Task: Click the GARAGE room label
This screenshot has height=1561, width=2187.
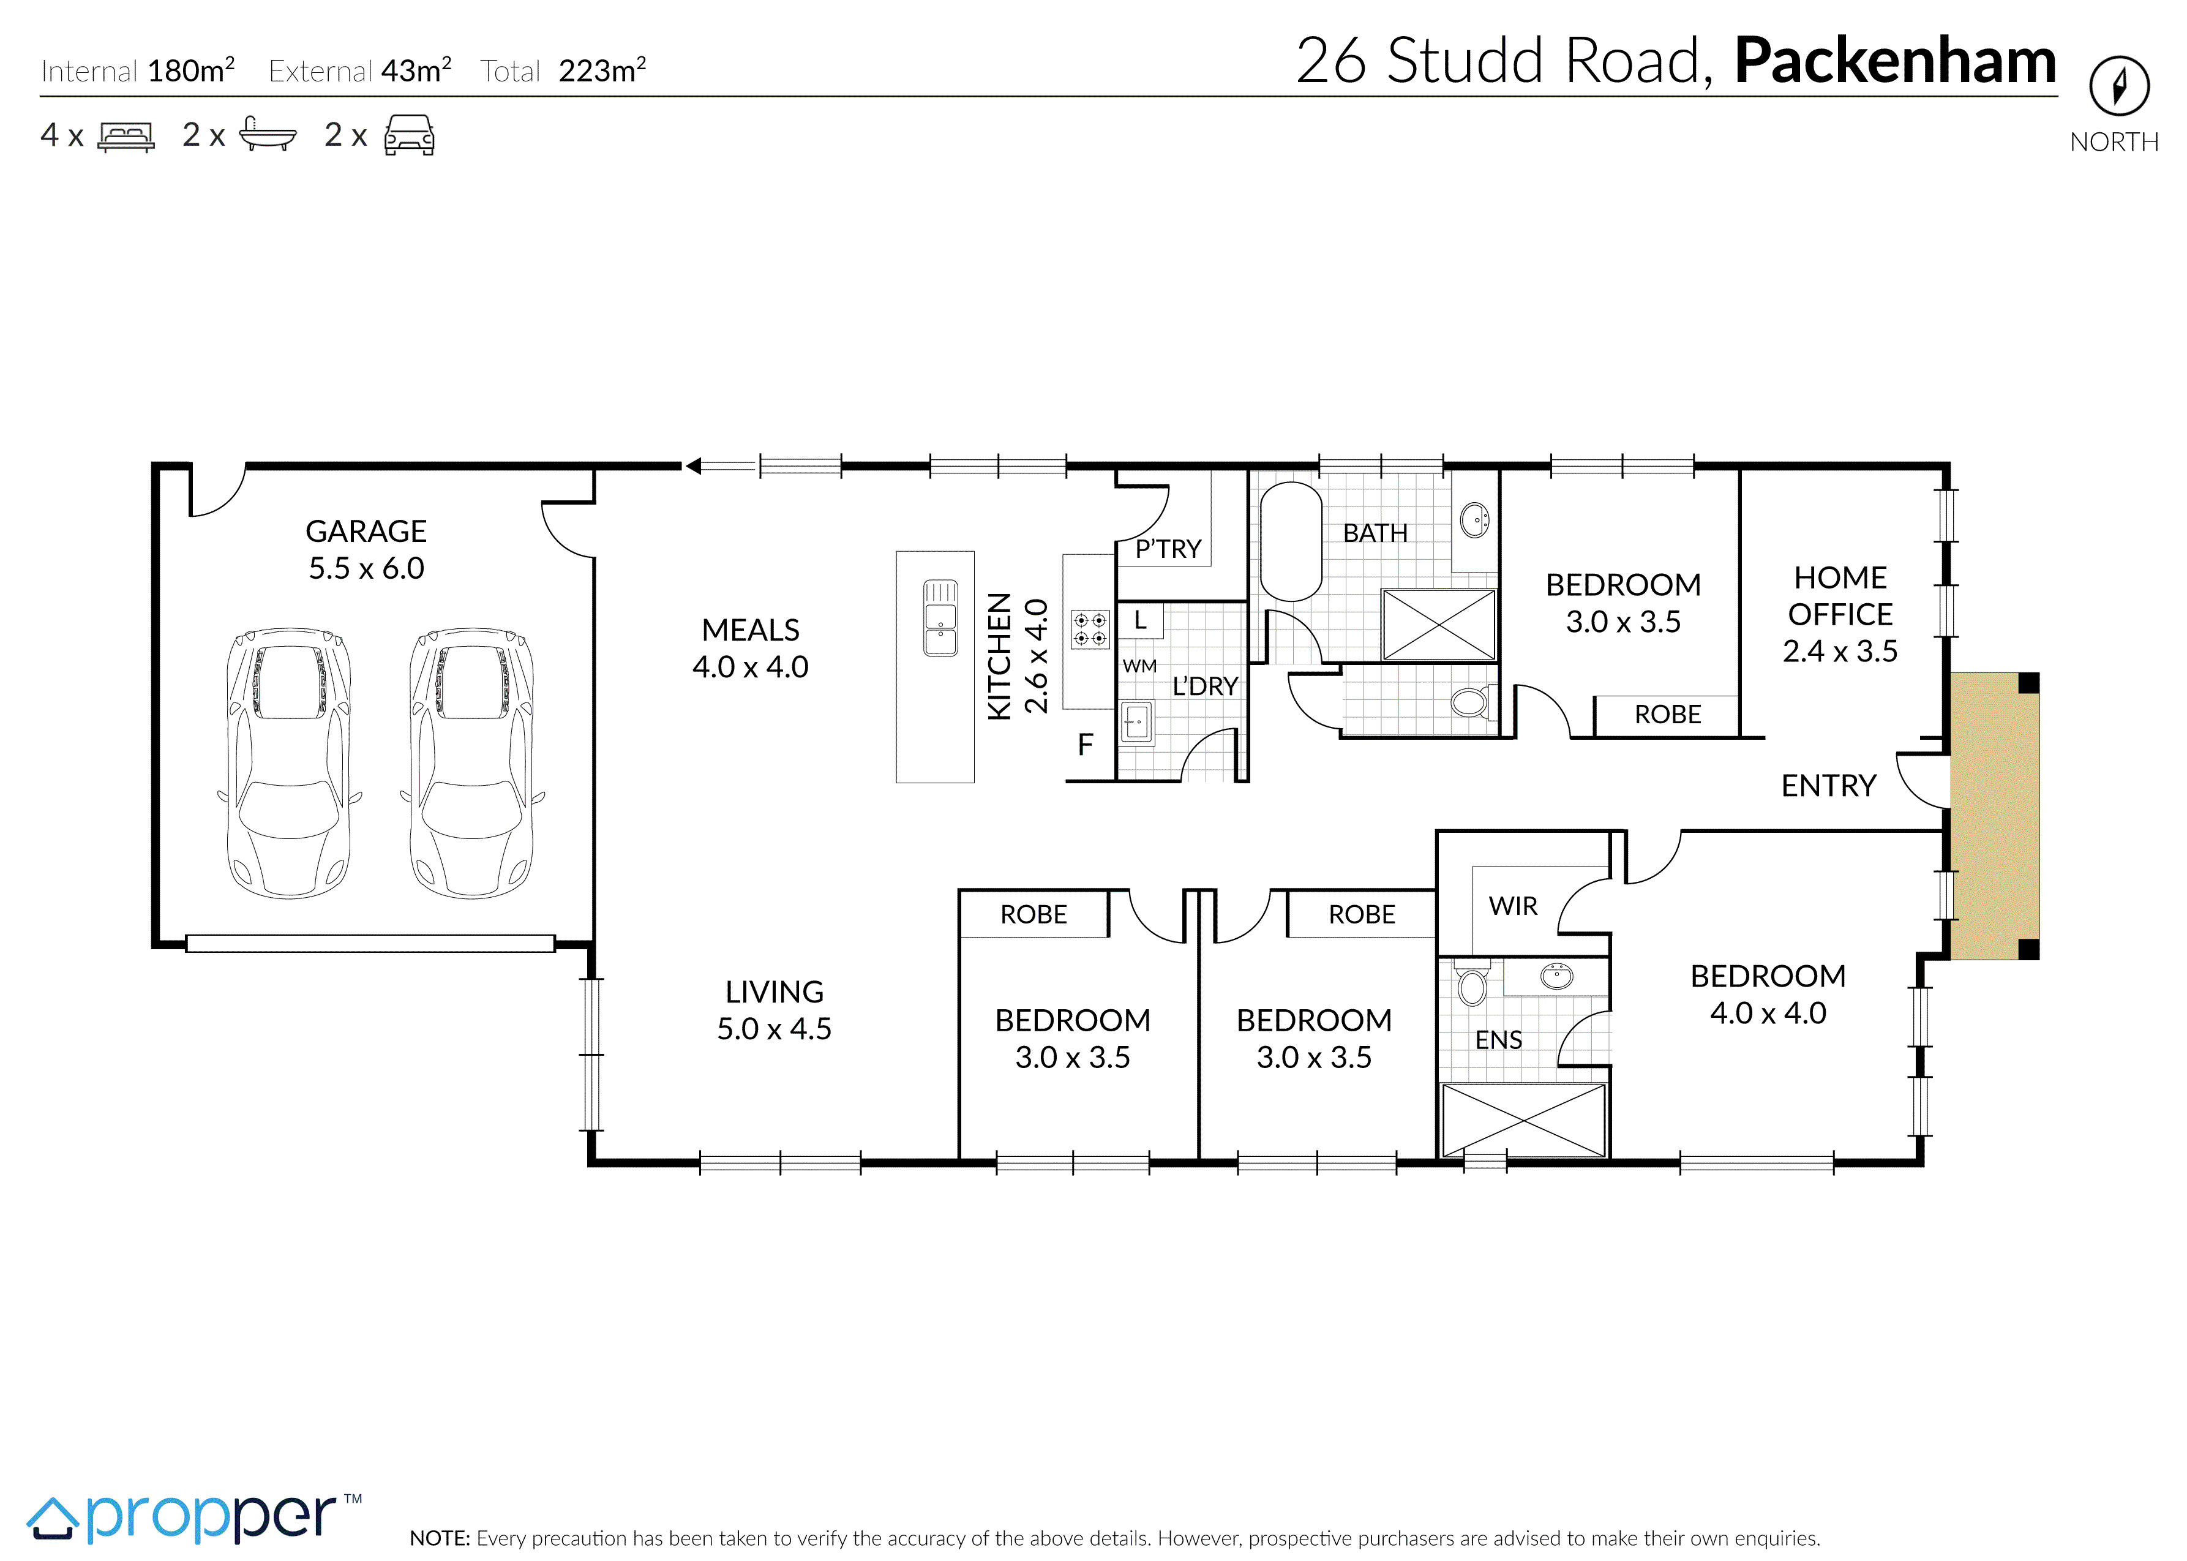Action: click(366, 530)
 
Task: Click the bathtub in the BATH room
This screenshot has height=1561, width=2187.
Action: click(1291, 542)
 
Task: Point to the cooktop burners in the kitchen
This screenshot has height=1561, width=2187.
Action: click(1090, 630)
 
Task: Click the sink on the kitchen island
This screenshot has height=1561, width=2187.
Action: click(940, 618)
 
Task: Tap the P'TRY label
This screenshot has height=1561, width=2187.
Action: click(1168, 549)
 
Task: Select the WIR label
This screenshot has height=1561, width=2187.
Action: click(1514, 906)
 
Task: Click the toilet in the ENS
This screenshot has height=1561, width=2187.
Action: click(1471, 982)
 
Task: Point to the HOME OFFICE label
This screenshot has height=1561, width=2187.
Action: click(1840, 596)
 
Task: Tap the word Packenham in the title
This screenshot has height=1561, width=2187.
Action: click(1895, 61)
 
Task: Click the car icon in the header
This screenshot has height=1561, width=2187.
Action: click(410, 135)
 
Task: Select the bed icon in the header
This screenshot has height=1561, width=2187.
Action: click(126, 137)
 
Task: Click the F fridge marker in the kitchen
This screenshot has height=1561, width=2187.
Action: click(1086, 745)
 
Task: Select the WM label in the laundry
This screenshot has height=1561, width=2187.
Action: click(1139, 666)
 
